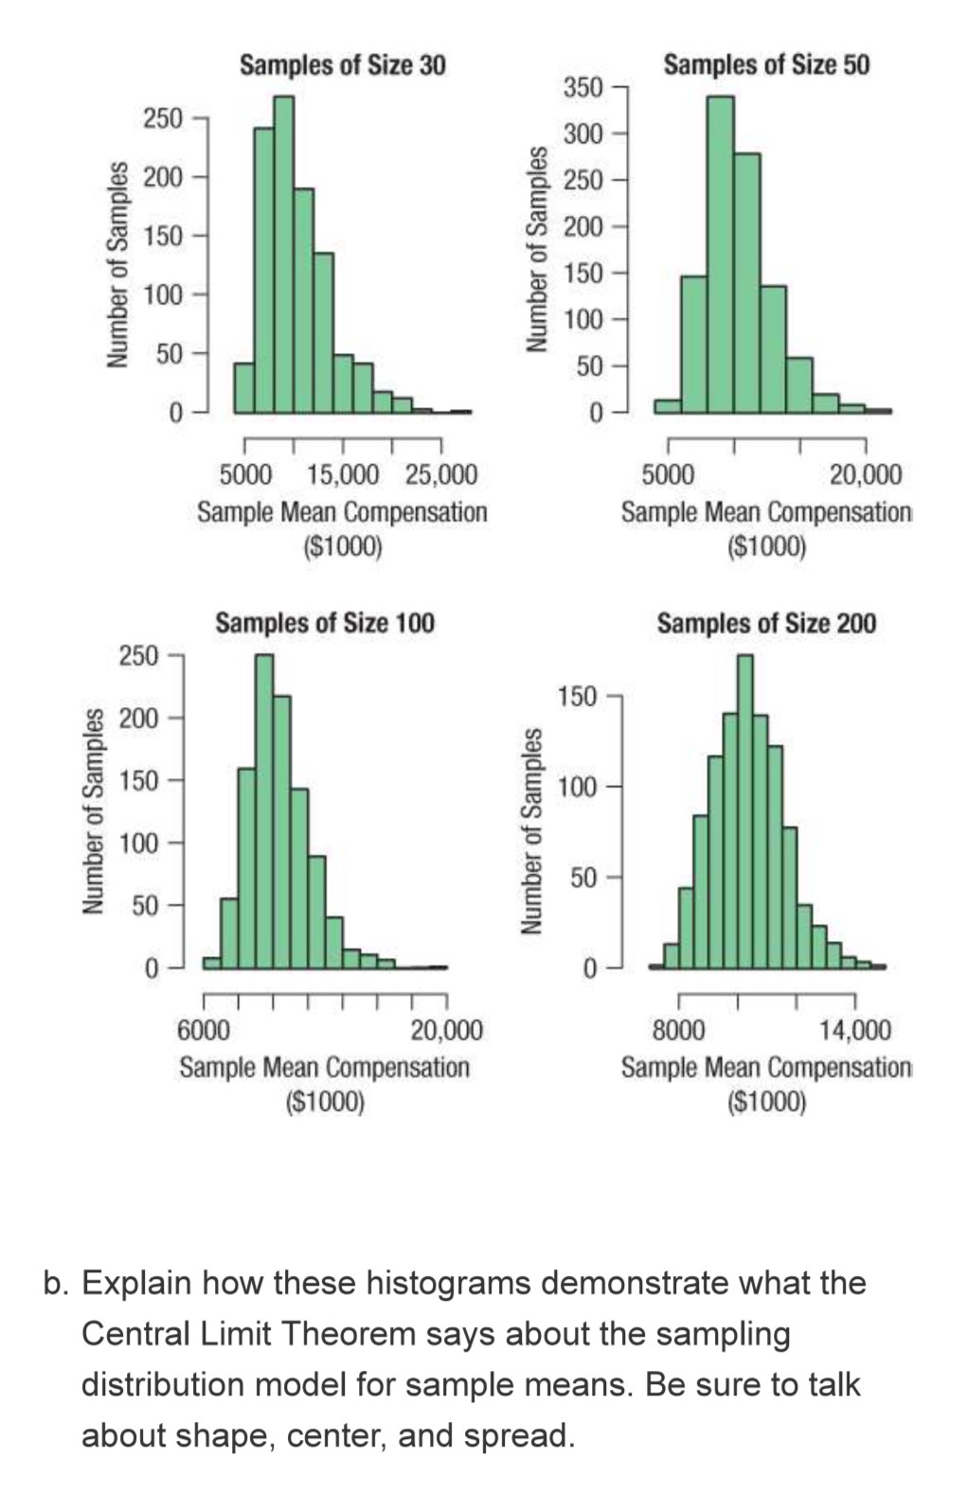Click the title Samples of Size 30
342,65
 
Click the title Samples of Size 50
765,65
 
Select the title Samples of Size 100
324,623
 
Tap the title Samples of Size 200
765,623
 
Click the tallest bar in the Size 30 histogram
283,256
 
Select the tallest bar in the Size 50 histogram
720,256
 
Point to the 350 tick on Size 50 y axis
583,88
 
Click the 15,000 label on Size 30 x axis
343,474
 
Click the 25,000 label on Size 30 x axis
440,474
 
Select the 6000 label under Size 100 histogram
203,1029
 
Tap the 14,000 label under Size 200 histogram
854,1029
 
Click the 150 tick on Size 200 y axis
577,697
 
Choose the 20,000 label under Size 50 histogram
865,474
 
